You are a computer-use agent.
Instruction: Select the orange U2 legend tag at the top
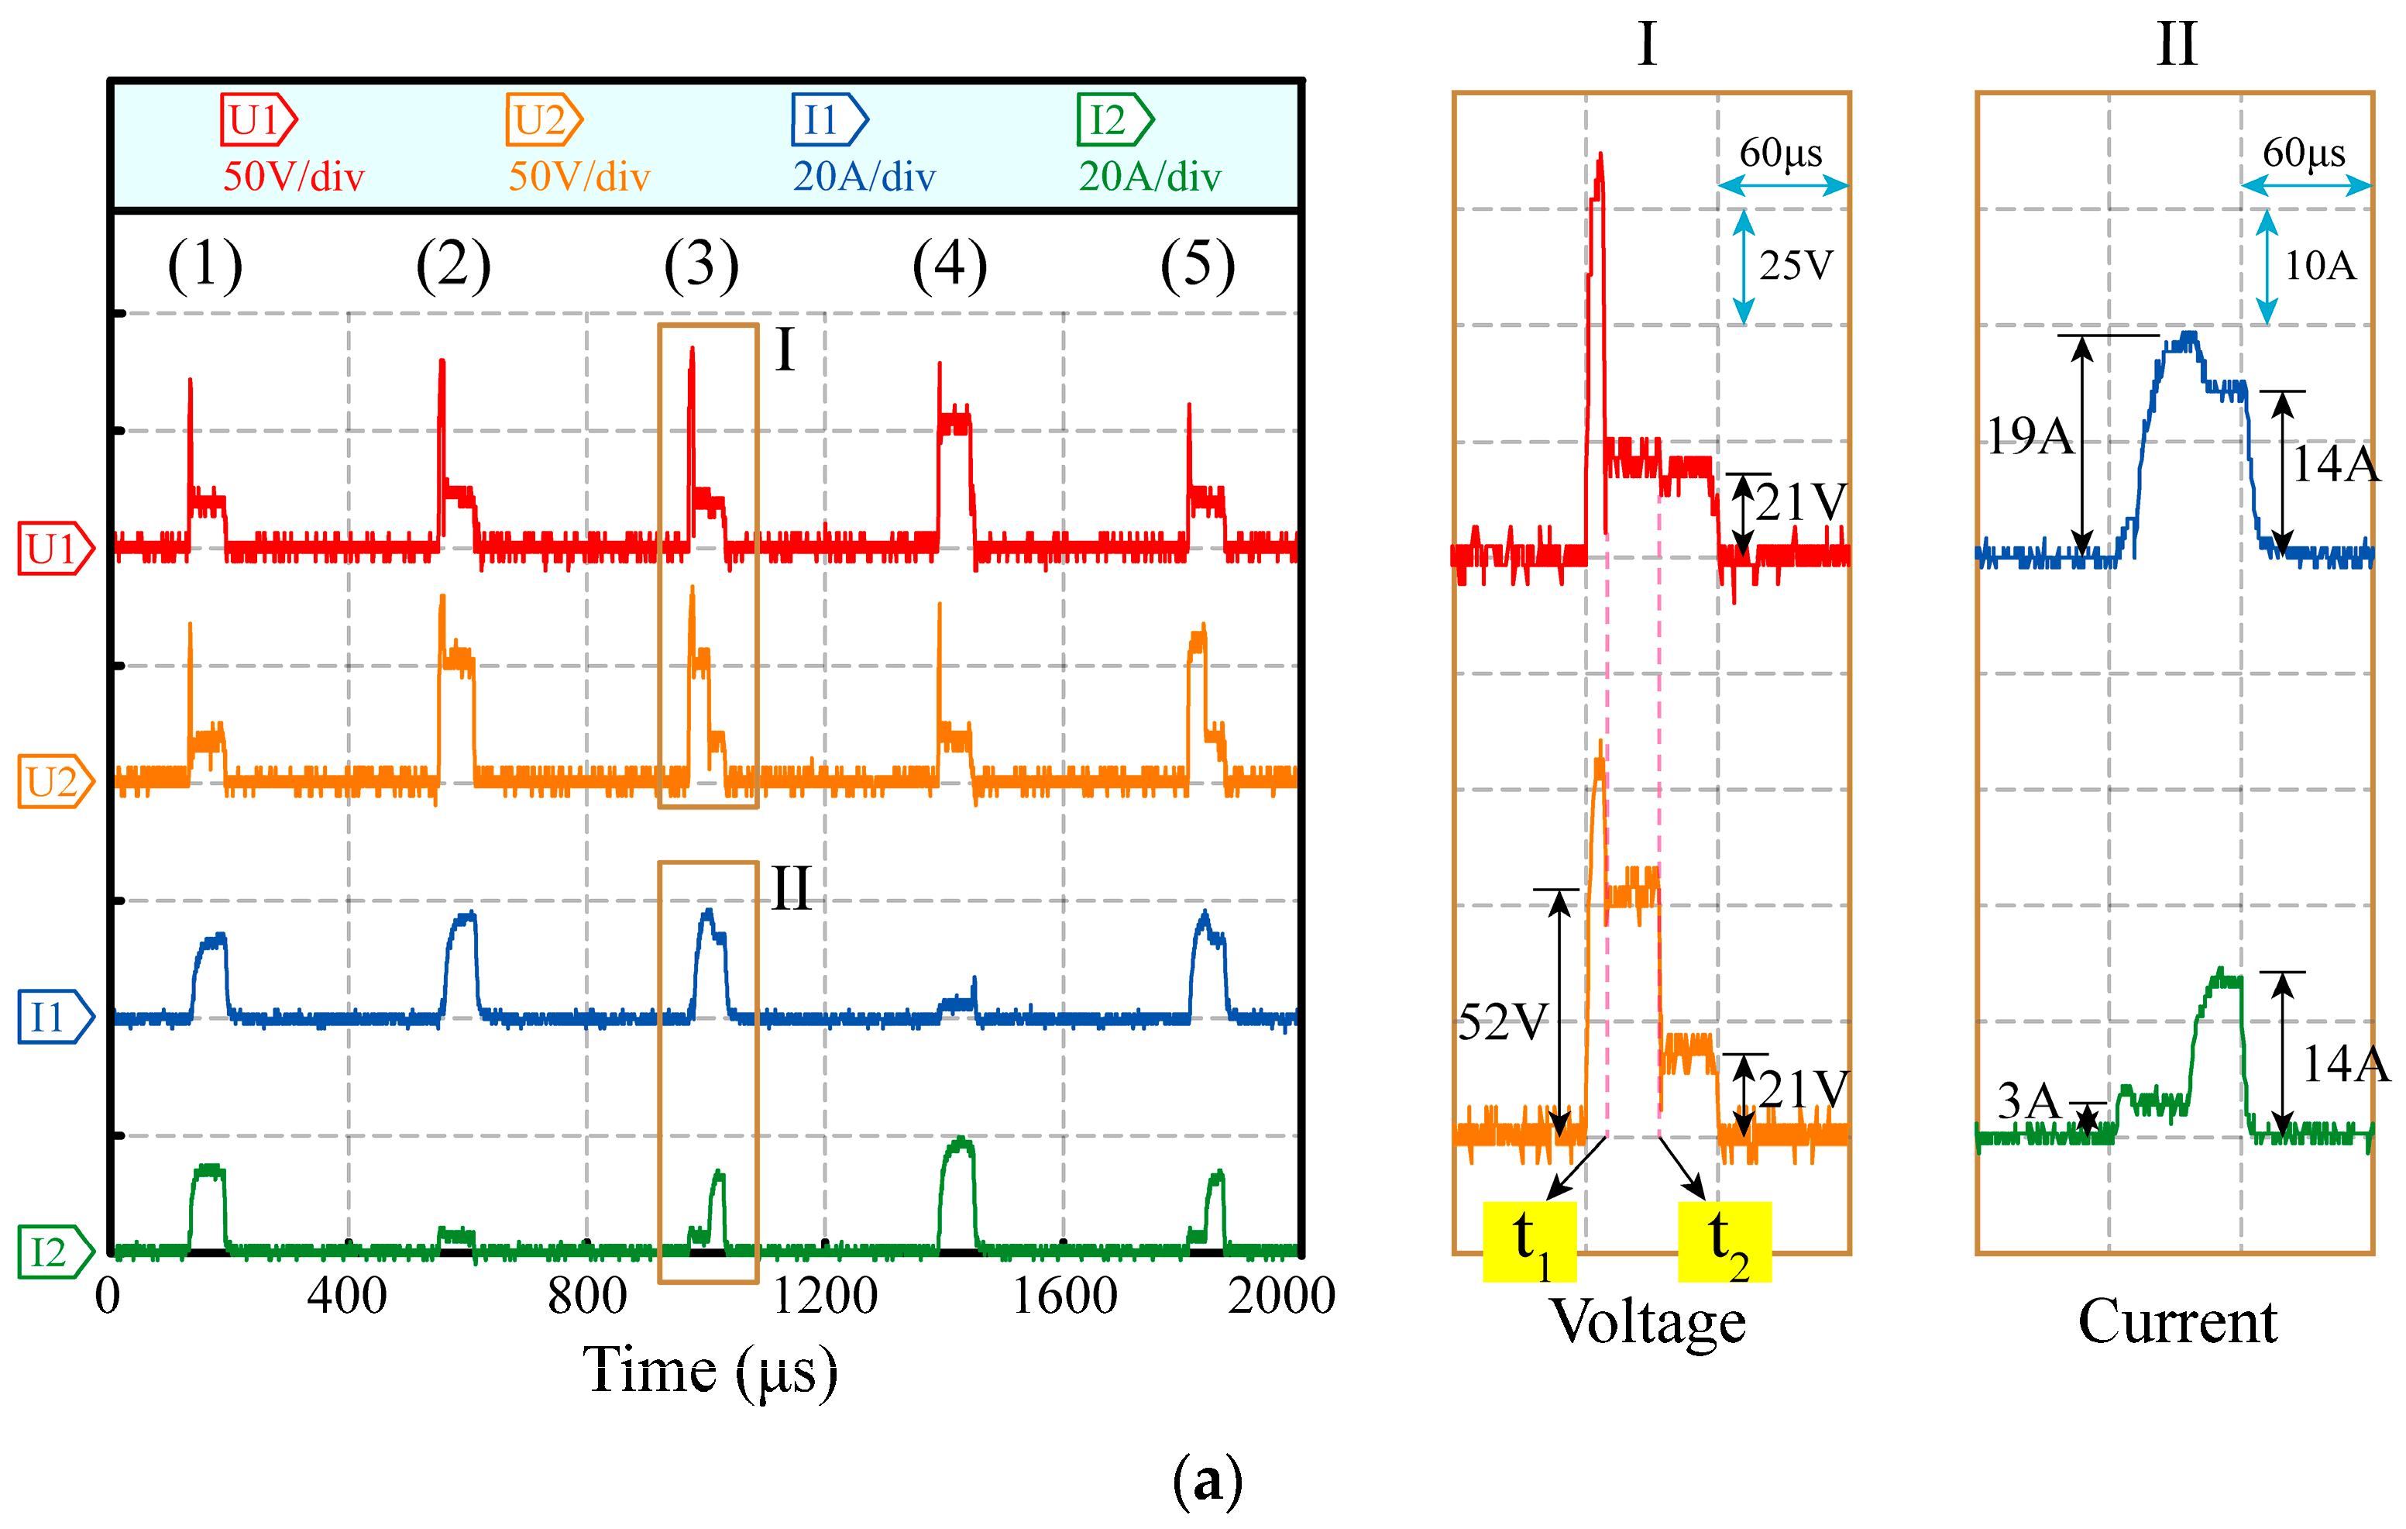[x=542, y=120]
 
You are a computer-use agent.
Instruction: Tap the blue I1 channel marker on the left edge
[x=55, y=1018]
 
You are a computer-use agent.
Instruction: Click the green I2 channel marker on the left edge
[x=55, y=1252]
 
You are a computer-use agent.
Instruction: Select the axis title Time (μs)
[x=710, y=1371]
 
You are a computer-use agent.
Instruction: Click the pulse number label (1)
[x=205, y=266]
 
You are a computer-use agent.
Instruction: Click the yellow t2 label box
[x=1724, y=1242]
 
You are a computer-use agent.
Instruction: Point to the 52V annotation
[x=1503, y=1022]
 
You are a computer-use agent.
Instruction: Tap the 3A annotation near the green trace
[x=2028, y=1101]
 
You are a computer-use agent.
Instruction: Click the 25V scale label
[x=1796, y=266]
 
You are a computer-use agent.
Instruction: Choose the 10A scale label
[x=2320, y=266]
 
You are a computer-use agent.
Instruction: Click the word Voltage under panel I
[x=1648, y=1321]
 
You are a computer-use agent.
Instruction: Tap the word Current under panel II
[x=2177, y=1321]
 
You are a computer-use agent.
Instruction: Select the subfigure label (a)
[x=1207, y=1480]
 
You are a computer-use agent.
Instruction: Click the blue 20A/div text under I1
[x=864, y=177]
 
